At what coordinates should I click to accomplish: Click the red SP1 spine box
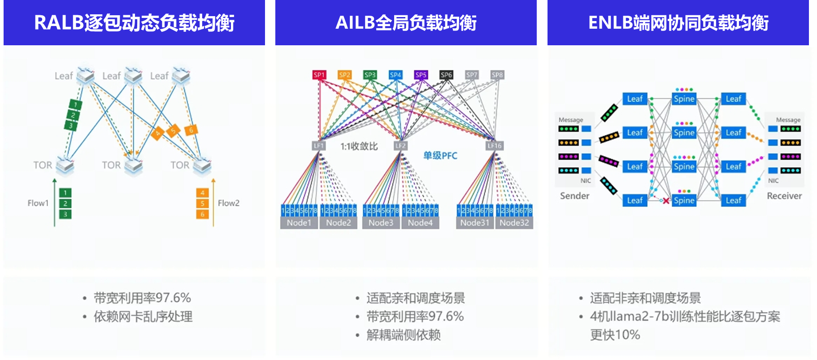[x=319, y=75]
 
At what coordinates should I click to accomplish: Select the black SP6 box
[x=446, y=75]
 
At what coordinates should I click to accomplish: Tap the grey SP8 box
[x=497, y=75]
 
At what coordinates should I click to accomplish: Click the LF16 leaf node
[x=495, y=146]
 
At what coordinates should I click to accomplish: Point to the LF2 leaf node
[x=400, y=146]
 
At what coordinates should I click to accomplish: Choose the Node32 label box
[x=514, y=223]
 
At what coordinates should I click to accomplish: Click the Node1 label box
[x=299, y=223]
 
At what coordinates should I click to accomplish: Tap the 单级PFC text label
[x=440, y=156]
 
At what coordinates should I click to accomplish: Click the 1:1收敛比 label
[x=359, y=146]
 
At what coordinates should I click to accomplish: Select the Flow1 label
[x=38, y=203]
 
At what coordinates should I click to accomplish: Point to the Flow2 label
[x=229, y=203]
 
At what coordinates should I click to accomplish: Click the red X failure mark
[x=666, y=201]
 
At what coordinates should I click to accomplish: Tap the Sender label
[x=574, y=196]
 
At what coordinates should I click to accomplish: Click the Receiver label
[x=784, y=196]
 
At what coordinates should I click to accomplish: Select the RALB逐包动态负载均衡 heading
[x=134, y=23]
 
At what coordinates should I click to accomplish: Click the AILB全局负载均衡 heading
[x=406, y=23]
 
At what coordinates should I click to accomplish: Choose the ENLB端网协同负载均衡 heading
[x=678, y=23]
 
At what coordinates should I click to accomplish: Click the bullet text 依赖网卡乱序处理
[x=143, y=317]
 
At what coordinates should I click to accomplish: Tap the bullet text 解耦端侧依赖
[x=404, y=335]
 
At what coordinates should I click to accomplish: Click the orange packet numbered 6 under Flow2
[x=202, y=214]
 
